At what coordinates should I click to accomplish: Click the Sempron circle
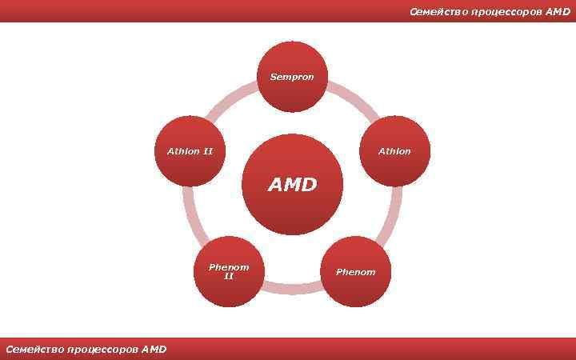292,77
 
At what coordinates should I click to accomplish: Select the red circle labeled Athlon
395,150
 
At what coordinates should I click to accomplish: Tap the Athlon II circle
190,150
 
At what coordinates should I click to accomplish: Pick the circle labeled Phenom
356,271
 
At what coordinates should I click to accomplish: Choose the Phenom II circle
229,271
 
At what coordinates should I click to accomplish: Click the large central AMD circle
292,185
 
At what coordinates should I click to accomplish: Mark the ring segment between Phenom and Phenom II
292,286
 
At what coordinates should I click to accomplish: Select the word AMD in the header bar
558,12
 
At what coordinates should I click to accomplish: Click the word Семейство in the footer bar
34,349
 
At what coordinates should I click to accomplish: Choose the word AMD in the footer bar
154,349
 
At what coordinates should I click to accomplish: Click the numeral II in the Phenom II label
229,276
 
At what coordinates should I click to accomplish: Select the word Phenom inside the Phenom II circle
229,266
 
